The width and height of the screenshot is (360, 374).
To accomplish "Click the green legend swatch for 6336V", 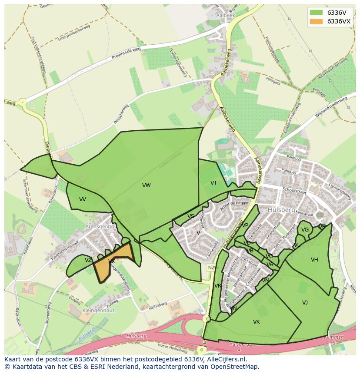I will pyautogui.click(x=316, y=12).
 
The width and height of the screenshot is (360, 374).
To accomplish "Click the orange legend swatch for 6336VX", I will pyautogui.click(x=316, y=21).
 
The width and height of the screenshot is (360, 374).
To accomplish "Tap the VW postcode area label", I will pyautogui.click(x=146, y=185).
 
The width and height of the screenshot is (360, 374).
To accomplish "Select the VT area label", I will pyautogui.click(x=213, y=183).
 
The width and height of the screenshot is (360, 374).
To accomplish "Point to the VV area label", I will pyautogui.click(x=83, y=199).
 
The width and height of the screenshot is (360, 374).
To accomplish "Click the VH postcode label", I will pyautogui.click(x=314, y=260).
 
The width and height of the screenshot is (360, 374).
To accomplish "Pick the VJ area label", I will pyautogui.click(x=305, y=302).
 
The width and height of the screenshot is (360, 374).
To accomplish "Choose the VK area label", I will pyautogui.click(x=257, y=322).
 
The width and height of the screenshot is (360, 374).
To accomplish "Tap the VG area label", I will pyautogui.click(x=305, y=230).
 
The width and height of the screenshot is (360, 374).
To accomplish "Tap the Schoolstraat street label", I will pyautogui.click(x=294, y=190).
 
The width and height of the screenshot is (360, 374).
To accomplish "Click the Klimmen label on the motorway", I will pyautogui.click(x=333, y=338).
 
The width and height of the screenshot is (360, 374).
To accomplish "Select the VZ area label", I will pyautogui.click(x=88, y=260).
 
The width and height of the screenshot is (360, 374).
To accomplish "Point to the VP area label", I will pyautogui.click(x=245, y=225).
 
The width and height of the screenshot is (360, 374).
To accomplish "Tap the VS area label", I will pyautogui.click(x=191, y=216).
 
